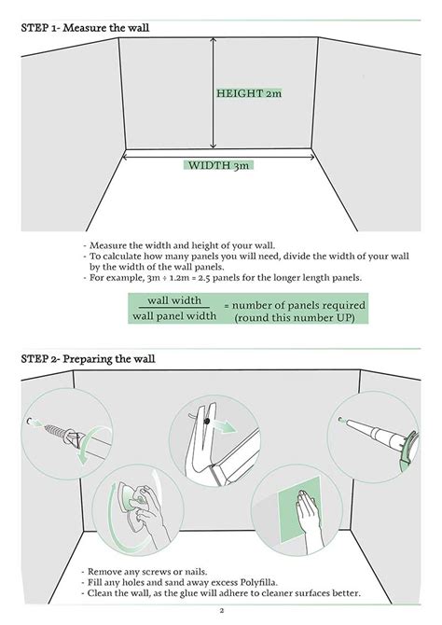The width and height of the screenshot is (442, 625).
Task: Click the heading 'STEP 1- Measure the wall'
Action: (x=85, y=28)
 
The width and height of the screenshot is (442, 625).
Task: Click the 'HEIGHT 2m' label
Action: (x=247, y=94)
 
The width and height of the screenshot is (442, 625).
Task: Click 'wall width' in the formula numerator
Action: (x=174, y=300)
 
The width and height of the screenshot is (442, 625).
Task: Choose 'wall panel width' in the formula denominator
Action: (x=174, y=316)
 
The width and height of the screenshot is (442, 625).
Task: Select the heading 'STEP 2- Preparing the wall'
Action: (x=89, y=358)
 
